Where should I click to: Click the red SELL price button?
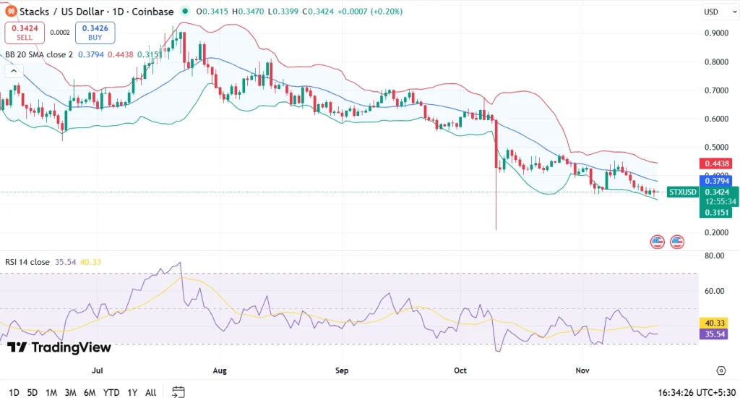[25, 32]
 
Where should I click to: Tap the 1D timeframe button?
[14, 392]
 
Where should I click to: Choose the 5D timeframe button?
[33, 392]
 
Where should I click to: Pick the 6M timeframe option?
[90, 392]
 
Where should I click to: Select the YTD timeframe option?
[111, 392]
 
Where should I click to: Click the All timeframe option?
[150, 392]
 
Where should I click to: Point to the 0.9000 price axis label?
[715, 33]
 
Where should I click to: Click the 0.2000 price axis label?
[715, 232]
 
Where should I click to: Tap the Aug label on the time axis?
[220, 371]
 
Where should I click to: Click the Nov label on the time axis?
[582, 371]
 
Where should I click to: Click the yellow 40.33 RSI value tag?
[715, 323]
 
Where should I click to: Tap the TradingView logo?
[59, 347]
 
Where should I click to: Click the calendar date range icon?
[178, 392]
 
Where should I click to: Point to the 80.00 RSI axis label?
[715, 255]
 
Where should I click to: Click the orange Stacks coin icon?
[11, 12]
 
